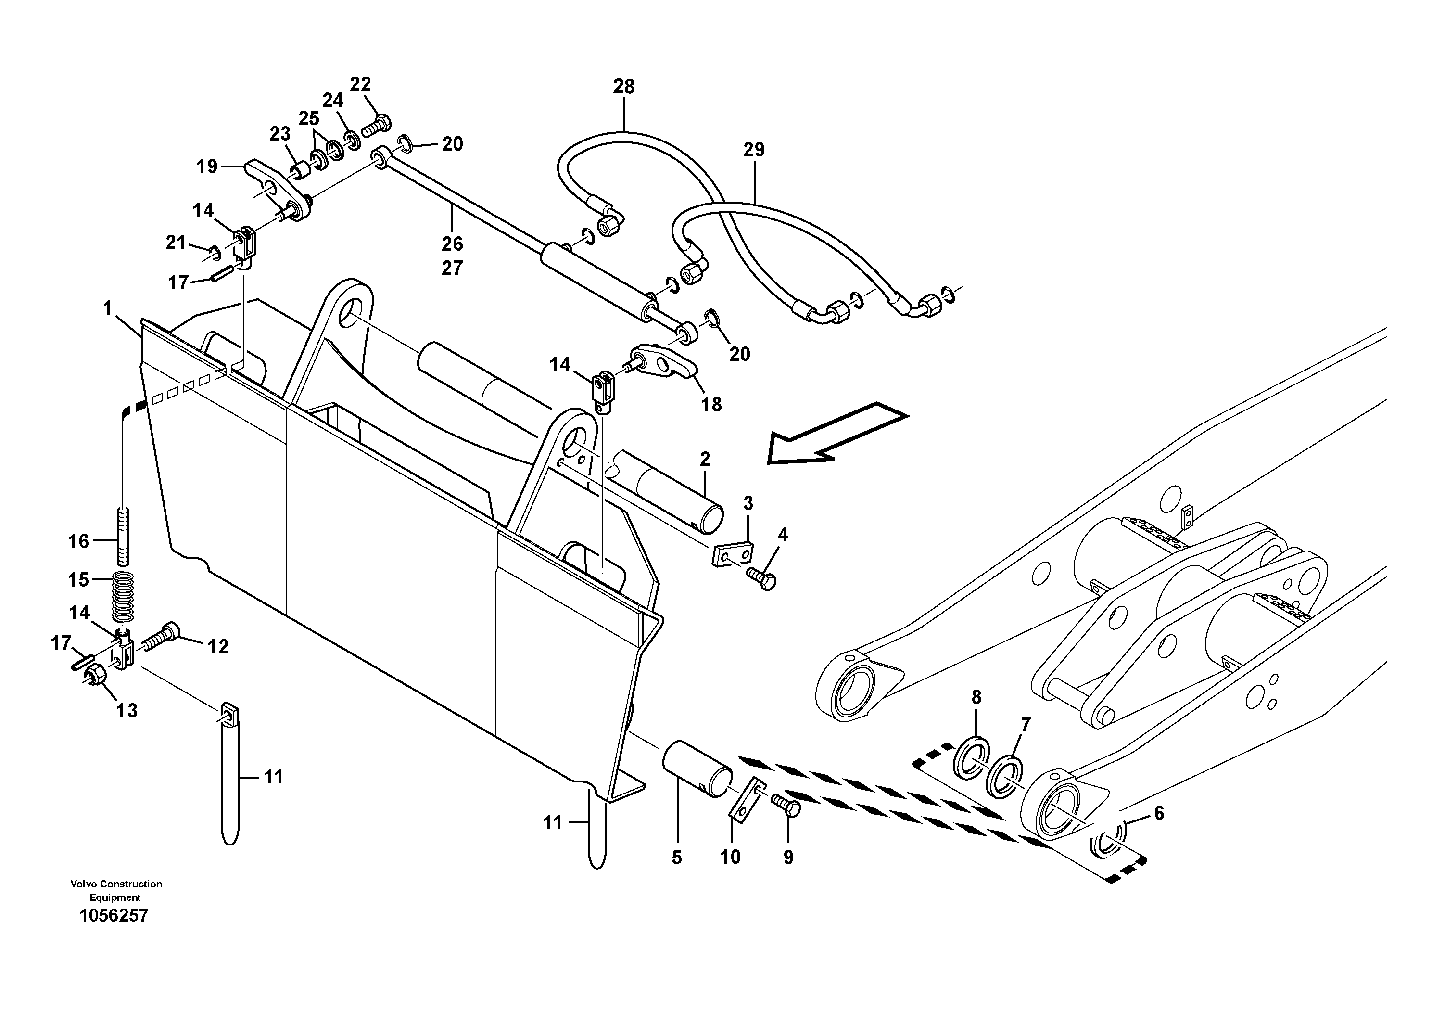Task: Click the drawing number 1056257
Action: [114, 916]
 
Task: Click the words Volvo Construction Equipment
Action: [115, 890]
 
